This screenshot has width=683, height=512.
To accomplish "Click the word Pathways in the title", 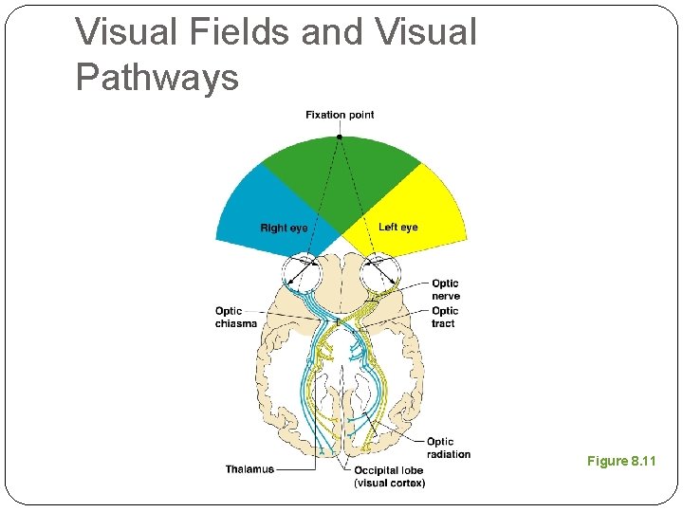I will (x=157, y=77).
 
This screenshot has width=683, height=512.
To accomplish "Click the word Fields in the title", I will (x=238, y=32).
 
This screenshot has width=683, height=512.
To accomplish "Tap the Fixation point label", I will (x=340, y=115).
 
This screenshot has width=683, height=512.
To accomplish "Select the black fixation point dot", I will (x=340, y=137).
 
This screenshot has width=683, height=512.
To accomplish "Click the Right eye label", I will (x=284, y=228).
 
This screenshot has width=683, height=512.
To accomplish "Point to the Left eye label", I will (x=397, y=228).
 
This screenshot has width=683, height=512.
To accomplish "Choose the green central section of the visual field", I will (x=340, y=175).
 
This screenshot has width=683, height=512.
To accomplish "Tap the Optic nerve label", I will (x=445, y=289).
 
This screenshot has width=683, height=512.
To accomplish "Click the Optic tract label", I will (x=445, y=317).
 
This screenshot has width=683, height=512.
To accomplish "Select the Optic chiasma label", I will (x=235, y=317).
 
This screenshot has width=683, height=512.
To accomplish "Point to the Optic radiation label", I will (x=448, y=448).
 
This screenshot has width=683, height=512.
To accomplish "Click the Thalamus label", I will (x=249, y=469).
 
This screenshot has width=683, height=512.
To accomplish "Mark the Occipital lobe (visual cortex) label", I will (x=389, y=476).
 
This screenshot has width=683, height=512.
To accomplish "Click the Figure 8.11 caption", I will (x=621, y=461).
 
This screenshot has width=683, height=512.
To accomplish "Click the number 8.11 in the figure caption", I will (x=642, y=461).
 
